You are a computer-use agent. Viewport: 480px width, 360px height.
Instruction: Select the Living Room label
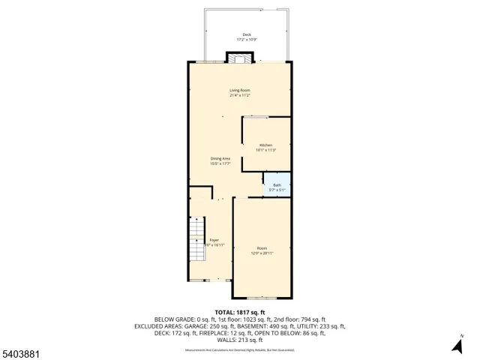pos(239,91)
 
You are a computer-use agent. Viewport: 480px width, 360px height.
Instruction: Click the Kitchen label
pos(265,145)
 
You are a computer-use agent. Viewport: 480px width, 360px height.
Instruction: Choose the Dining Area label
pos(220,158)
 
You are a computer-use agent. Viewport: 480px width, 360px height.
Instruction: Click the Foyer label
pos(214,240)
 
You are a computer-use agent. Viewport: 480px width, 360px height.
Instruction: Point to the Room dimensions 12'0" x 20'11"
pos(262,253)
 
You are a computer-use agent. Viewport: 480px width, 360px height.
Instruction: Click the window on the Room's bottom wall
pos(262,298)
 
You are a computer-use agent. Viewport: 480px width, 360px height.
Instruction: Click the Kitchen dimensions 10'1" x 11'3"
pos(265,150)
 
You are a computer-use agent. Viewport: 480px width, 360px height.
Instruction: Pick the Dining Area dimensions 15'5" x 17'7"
pos(220,163)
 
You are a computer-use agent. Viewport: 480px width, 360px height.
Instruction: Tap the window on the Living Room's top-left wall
pos(204,61)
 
